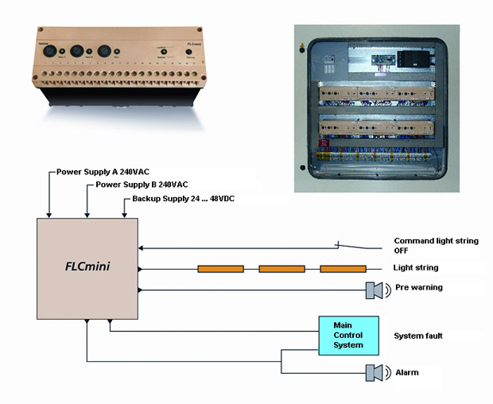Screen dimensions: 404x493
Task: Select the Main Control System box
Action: click(342, 335)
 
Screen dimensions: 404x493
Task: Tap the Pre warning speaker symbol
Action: click(375, 290)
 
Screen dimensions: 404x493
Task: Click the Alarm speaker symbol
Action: click(375, 372)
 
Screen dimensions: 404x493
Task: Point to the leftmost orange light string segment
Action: click(220, 269)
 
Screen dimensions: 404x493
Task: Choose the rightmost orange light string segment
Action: click(343, 269)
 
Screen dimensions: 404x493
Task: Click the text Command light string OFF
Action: click(436, 246)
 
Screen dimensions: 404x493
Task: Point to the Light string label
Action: click(416, 268)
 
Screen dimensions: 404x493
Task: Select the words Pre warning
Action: click(418, 287)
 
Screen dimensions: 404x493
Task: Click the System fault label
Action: click(418, 336)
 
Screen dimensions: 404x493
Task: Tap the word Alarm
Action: click(407, 371)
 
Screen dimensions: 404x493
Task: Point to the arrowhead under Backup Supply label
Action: click(124, 214)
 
